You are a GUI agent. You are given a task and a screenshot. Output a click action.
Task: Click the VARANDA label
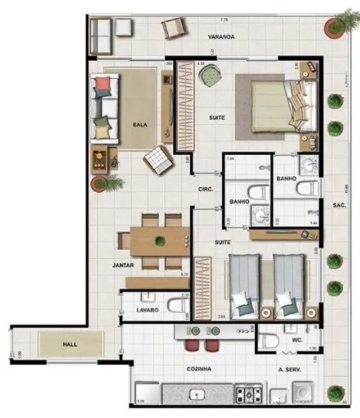[221, 37]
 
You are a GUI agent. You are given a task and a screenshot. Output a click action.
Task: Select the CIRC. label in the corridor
[206, 190]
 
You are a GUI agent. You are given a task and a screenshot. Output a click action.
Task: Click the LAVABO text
[147, 310]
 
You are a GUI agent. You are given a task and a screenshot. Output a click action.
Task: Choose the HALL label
[70, 345]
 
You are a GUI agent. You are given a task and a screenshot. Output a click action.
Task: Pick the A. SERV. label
[290, 370]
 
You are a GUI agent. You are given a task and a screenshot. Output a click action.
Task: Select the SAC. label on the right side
[339, 206]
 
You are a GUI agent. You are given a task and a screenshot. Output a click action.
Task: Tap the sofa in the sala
[105, 108]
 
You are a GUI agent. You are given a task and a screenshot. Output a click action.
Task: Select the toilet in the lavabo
[174, 304]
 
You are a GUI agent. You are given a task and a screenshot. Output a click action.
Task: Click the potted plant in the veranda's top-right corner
[335, 26]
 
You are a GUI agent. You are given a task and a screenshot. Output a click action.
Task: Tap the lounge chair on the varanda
[173, 27]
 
